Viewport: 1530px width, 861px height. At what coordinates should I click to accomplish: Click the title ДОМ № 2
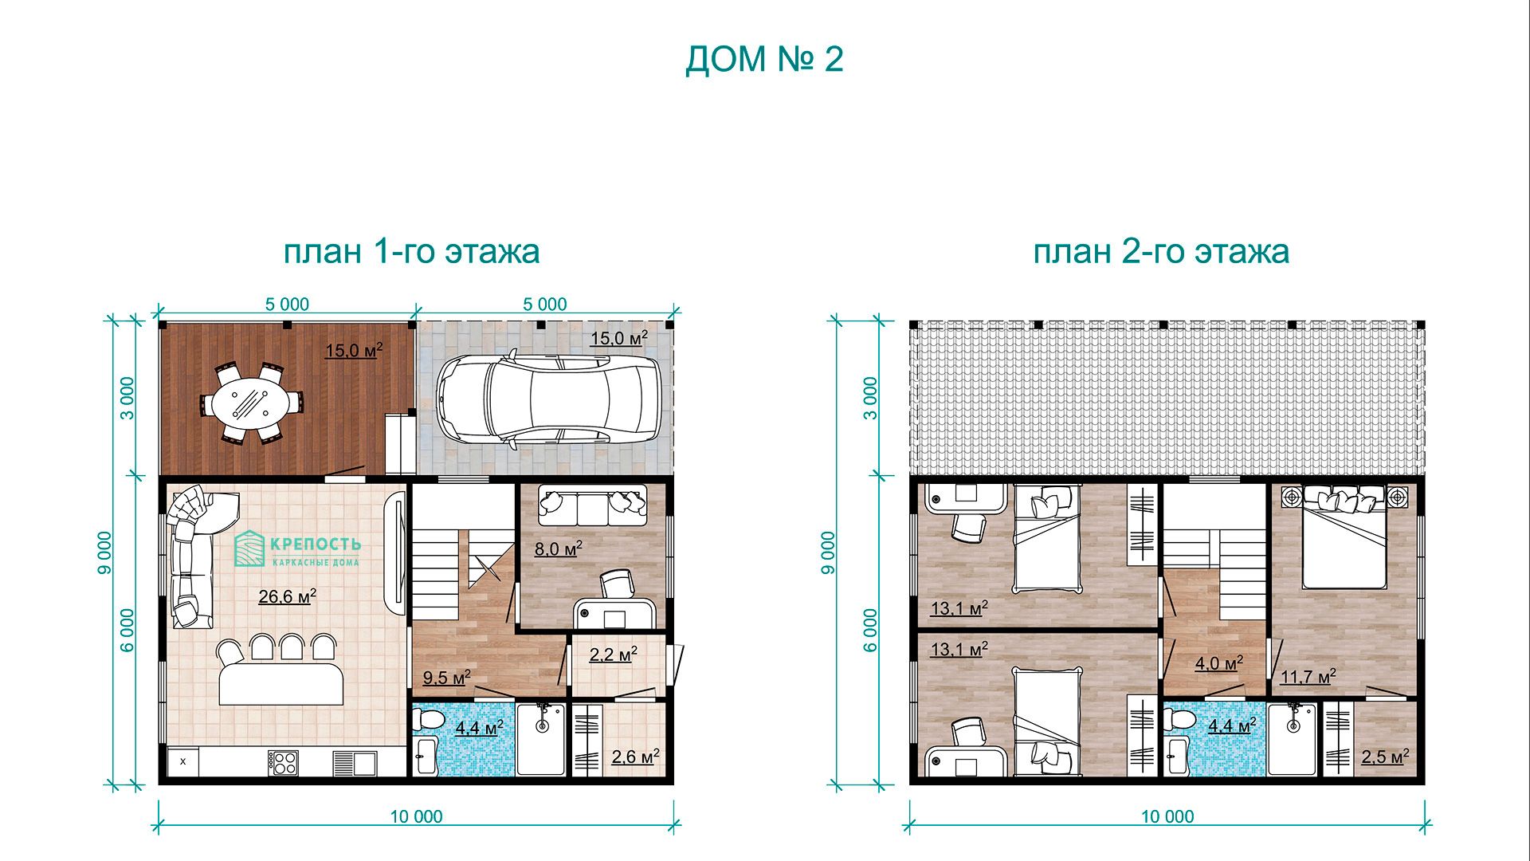click(764, 60)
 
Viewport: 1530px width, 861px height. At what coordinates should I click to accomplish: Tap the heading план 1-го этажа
click(411, 251)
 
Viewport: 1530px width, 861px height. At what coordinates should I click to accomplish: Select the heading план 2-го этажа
click(1161, 251)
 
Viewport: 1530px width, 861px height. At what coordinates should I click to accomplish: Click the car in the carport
click(548, 399)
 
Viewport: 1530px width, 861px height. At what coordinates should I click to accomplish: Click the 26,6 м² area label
click(288, 596)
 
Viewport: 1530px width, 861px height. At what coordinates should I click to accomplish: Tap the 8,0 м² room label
click(558, 548)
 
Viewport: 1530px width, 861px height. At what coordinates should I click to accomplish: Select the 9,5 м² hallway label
click(446, 678)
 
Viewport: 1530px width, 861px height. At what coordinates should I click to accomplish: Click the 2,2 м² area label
click(613, 655)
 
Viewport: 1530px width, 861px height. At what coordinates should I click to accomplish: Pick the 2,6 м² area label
click(635, 757)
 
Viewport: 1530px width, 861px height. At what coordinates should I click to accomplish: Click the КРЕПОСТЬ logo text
click(316, 545)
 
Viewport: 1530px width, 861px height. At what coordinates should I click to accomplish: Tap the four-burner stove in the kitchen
click(284, 763)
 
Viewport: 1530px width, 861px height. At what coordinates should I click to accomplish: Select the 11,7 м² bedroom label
click(1308, 677)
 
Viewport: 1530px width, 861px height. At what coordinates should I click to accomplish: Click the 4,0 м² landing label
click(1218, 663)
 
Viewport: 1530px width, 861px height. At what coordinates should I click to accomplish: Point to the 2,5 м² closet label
click(1385, 756)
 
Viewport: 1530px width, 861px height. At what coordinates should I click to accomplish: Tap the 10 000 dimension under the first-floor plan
click(416, 816)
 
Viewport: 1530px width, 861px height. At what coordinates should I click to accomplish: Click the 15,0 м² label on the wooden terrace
click(354, 350)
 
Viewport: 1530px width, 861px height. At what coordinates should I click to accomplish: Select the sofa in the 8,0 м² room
click(592, 505)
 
